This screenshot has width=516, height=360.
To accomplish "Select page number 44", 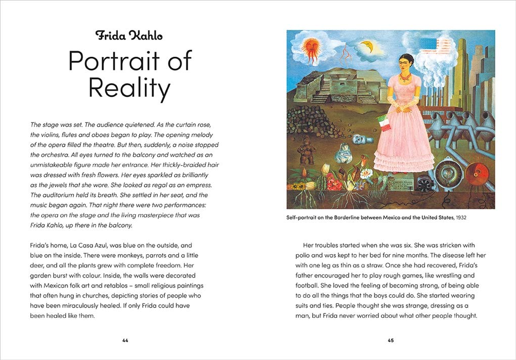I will (125, 340).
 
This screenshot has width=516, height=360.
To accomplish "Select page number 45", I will (391, 340).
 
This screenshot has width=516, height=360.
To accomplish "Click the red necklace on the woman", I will (405, 78).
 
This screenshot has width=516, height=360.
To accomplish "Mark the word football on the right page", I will (309, 286).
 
